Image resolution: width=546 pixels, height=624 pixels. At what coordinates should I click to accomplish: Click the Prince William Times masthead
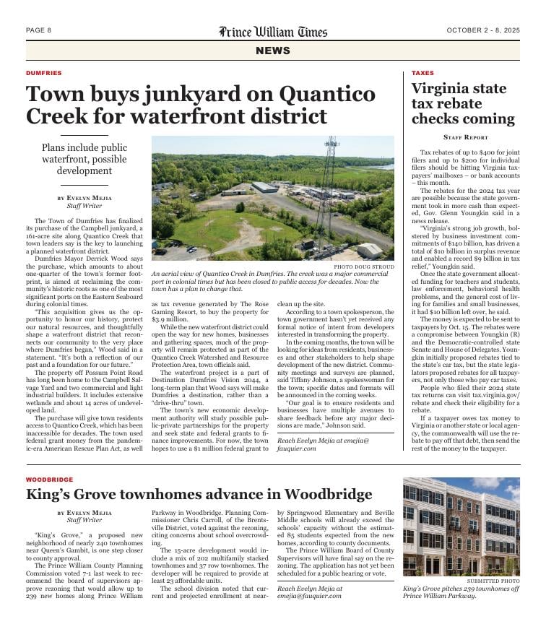(x=273, y=32)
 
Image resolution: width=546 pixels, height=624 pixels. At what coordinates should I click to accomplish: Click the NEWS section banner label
(x=273, y=51)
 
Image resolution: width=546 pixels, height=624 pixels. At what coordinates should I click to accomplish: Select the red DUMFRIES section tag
(x=43, y=73)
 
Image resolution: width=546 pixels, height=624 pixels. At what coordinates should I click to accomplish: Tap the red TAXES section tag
(x=422, y=73)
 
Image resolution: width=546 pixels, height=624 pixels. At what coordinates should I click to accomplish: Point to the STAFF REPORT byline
(x=465, y=137)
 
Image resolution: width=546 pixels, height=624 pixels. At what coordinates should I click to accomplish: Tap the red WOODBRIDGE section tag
(x=49, y=480)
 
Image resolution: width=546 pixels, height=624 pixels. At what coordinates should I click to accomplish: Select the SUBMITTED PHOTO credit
(x=493, y=581)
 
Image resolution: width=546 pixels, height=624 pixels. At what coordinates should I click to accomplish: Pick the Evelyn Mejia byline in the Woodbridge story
(x=84, y=513)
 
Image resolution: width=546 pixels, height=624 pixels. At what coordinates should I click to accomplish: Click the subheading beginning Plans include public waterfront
(x=84, y=159)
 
